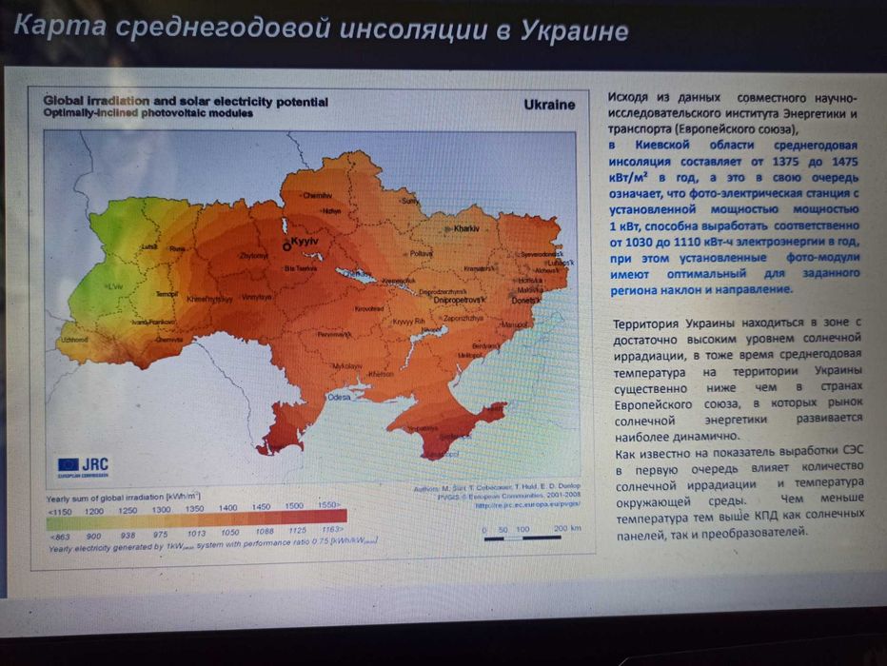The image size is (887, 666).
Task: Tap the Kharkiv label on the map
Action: pos(466,229)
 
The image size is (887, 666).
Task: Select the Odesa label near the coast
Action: pos(339,397)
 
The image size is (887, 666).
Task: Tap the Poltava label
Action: pos(421,253)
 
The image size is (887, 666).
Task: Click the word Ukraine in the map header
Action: pos(549,105)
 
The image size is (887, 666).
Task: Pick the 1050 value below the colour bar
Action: pos(228,534)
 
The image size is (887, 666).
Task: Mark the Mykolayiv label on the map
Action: pos(348,365)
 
